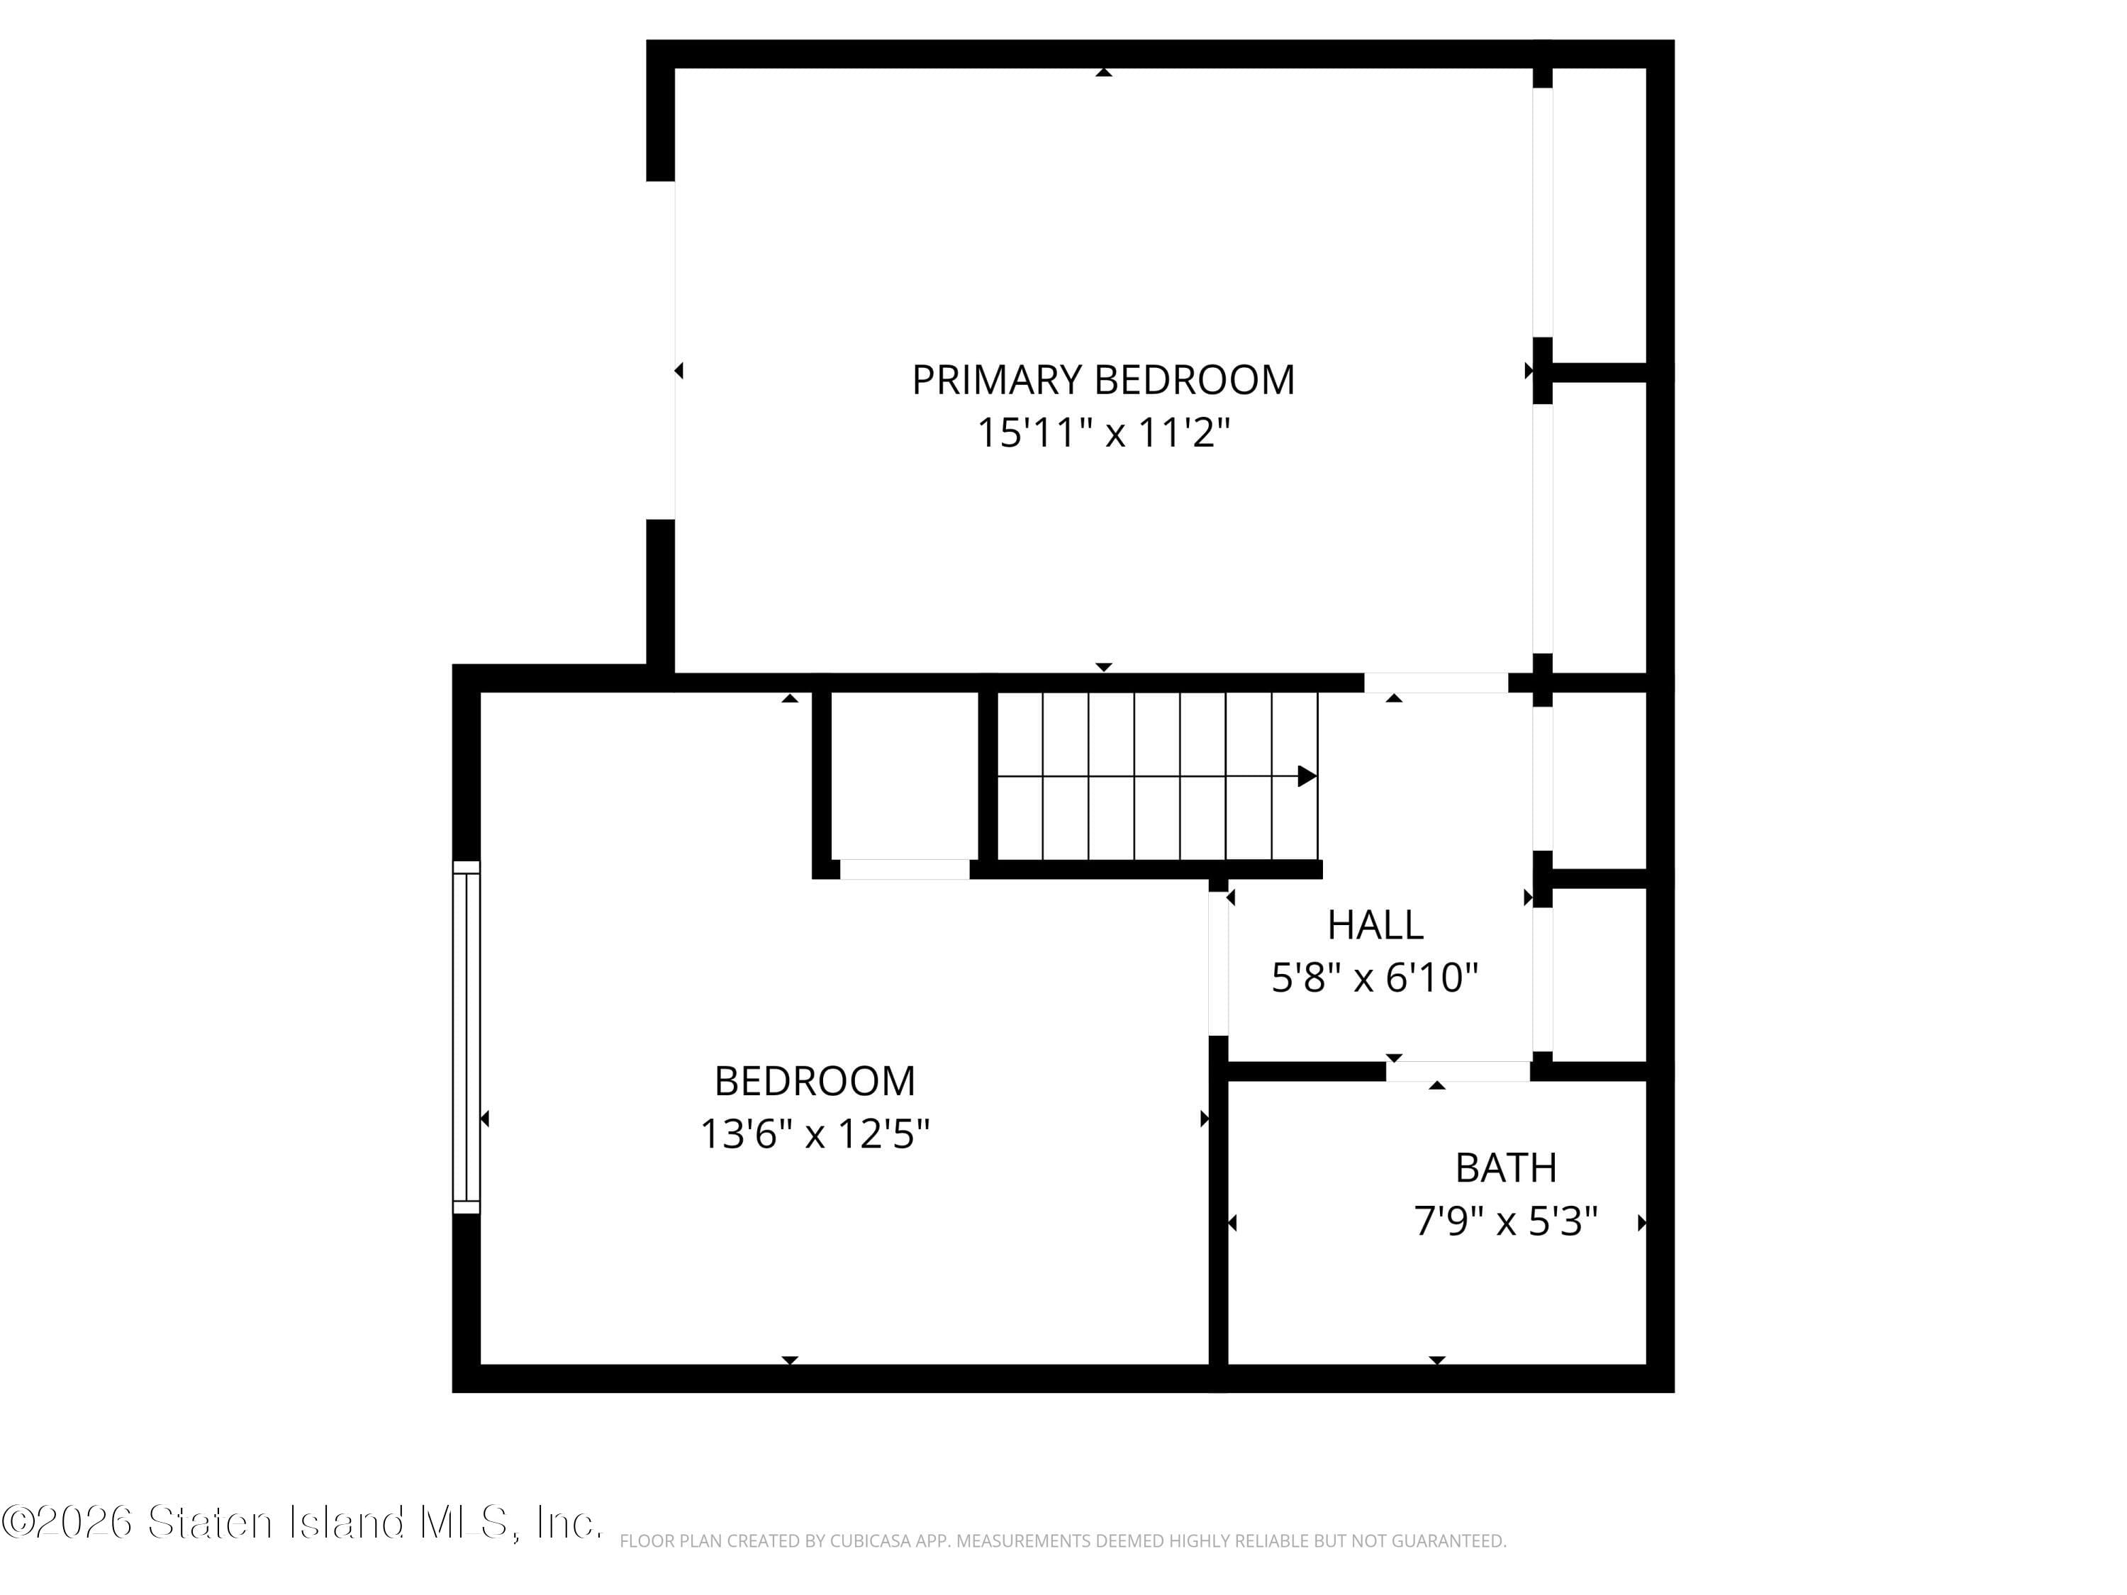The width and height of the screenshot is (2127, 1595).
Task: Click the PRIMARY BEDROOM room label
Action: pyautogui.click(x=1103, y=380)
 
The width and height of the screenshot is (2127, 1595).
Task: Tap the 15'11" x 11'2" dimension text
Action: pyautogui.click(x=1103, y=432)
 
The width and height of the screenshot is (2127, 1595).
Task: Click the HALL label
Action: pyautogui.click(x=1375, y=925)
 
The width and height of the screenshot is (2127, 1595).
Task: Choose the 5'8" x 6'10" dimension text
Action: pyautogui.click(x=1374, y=978)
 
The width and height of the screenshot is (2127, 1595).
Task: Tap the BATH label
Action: pyautogui.click(x=1505, y=1168)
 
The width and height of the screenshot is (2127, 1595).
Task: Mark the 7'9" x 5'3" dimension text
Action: pyautogui.click(x=1505, y=1221)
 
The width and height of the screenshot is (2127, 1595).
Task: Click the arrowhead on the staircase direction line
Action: pyautogui.click(x=1307, y=776)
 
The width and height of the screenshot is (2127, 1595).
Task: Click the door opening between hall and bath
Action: pyautogui.click(x=1458, y=1071)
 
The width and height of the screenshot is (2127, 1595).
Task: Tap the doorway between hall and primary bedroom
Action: pyautogui.click(x=1436, y=683)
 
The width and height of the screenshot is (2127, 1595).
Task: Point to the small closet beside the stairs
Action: pyautogui.click(x=904, y=774)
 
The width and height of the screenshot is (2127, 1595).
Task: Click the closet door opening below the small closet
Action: pyautogui.click(x=904, y=869)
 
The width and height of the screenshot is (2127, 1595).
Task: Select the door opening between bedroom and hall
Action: pyautogui.click(x=1218, y=963)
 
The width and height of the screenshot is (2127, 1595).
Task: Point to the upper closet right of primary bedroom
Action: pyautogui.click(x=1598, y=216)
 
